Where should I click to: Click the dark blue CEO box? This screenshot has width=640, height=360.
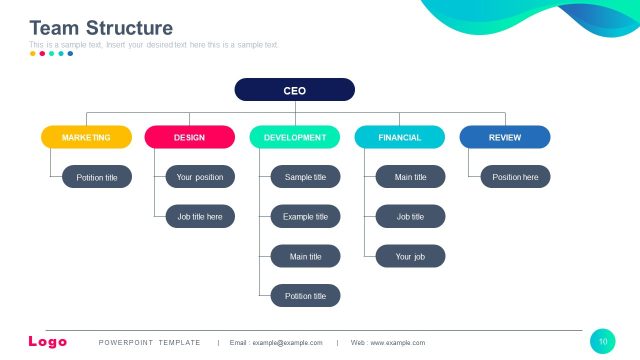click(294, 90)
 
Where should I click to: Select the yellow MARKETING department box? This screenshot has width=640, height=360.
click(86, 137)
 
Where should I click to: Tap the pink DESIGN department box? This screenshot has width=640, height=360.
click(189, 137)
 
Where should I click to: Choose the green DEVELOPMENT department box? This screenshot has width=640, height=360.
click(294, 137)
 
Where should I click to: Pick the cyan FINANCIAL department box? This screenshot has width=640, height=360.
click(399, 137)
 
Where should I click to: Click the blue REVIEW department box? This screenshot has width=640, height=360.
click(504, 137)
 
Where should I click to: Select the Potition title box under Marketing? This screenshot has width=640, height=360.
click(96, 177)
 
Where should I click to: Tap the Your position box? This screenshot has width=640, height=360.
click(200, 177)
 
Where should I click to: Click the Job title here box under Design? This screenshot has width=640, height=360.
click(200, 216)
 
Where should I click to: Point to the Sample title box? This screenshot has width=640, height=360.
click(305, 177)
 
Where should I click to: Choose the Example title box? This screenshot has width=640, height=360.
click(305, 216)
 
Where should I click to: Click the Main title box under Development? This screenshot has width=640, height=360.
click(305, 256)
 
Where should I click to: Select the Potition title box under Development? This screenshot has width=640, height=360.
click(305, 295)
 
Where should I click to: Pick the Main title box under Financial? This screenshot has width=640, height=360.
click(410, 177)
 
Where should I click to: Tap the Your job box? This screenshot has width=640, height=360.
click(410, 256)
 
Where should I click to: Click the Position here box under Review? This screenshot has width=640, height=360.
click(515, 177)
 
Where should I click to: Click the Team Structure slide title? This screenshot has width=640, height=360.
click(101, 28)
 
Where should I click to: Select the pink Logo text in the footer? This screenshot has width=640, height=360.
click(48, 342)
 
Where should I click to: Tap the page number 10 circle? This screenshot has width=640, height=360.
click(603, 341)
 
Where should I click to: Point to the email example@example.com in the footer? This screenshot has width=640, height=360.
click(276, 343)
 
